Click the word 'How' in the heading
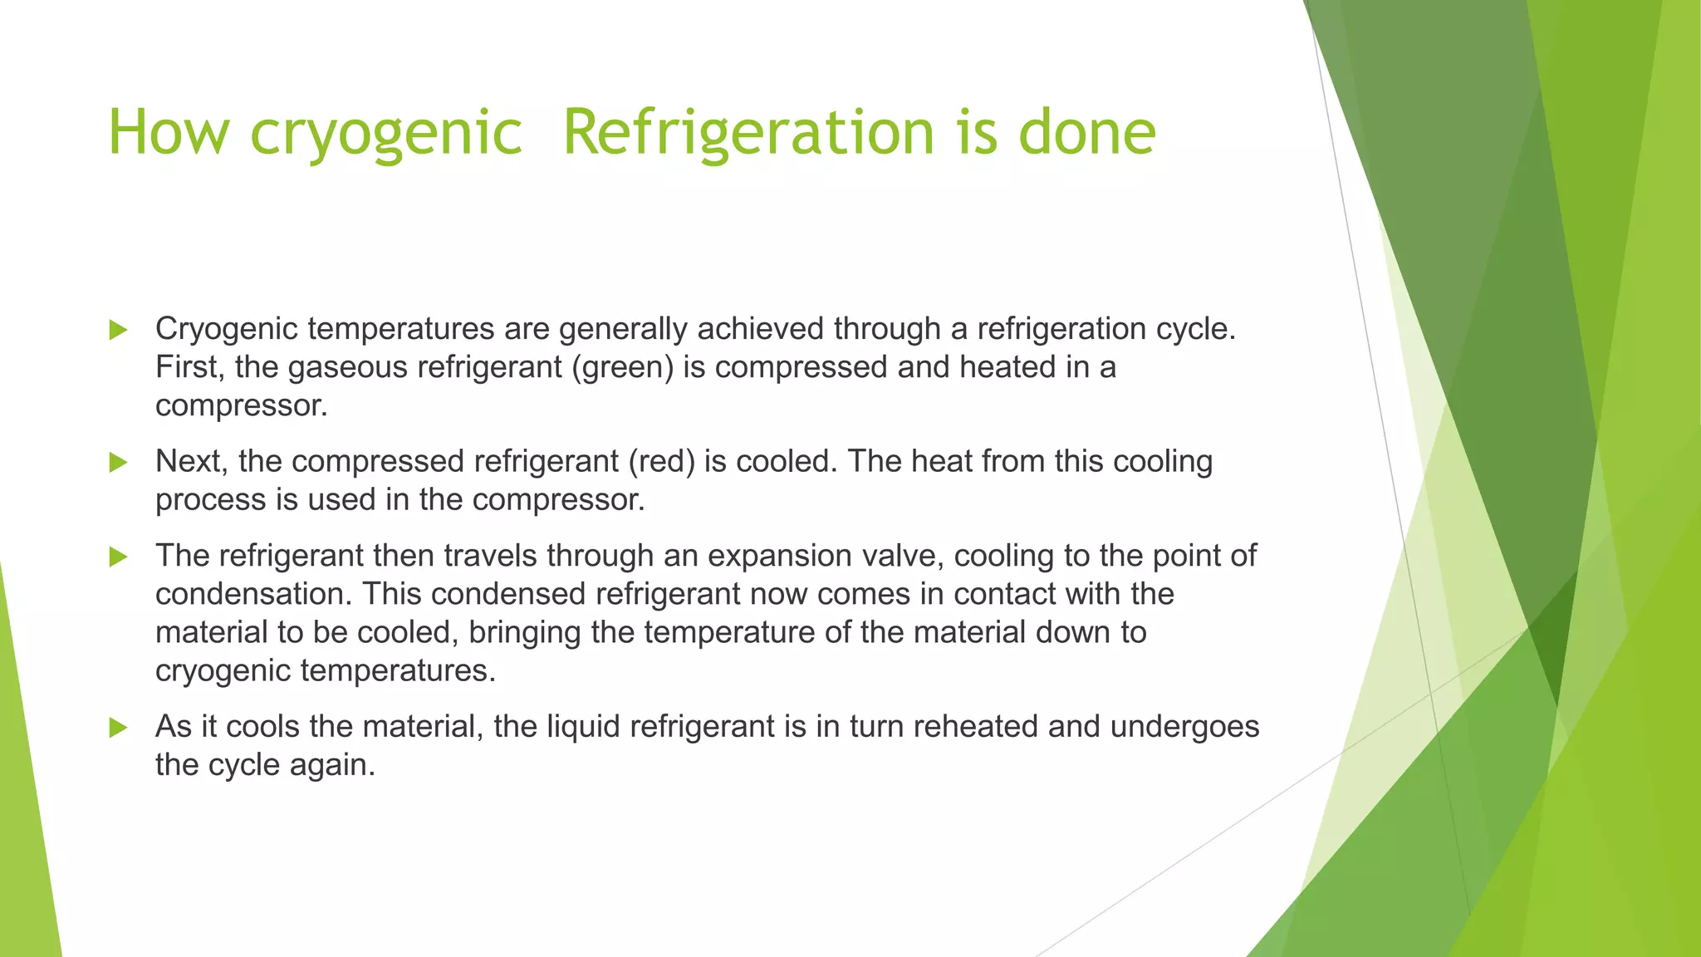point(169,133)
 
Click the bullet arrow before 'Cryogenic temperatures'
point(118,330)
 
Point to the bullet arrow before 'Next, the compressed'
point(118,462)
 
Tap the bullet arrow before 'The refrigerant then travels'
point(118,557)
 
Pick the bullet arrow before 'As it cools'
point(118,728)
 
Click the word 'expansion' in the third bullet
point(780,557)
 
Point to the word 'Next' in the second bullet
point(190,461)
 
